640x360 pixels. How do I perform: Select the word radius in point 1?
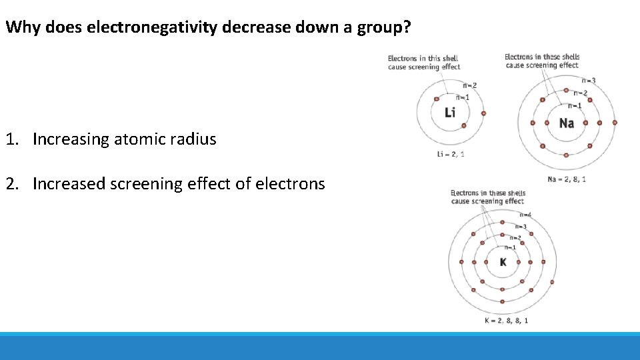click(x=193, y=139)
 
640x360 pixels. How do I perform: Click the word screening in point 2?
click(x=147, y=183)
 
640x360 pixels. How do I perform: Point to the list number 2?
click(x=11, y=183)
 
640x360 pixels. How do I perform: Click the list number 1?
click(x=11, y=139)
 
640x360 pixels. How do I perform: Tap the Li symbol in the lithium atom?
click(x=450, y=112)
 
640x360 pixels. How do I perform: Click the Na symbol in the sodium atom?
click(x=566, y=123)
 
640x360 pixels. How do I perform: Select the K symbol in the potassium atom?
click(x=503, y=262)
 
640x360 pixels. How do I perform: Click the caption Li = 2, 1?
click(x=451, y=155)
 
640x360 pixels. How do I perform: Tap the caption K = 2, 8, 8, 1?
click(x=507, y=321)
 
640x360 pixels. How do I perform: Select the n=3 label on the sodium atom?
click(x=589, y=81)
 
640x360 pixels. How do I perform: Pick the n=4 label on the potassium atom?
click(x=525, y=215)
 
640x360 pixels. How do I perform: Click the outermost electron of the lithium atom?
click(x=483, y=113)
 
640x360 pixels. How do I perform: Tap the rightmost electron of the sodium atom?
click(x=615, y=123)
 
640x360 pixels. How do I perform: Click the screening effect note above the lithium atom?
click(x=424, y=63)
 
